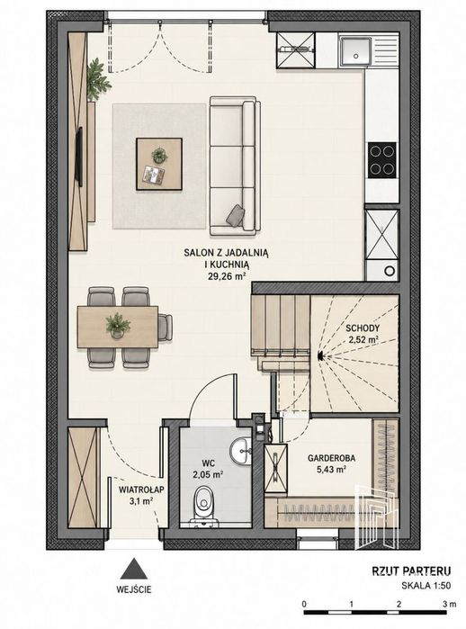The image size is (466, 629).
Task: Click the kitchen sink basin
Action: [355, 51]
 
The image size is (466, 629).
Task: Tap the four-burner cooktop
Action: [382, 159]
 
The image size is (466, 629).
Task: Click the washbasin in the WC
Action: [240, 450]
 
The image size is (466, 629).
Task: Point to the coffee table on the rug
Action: [159, 164]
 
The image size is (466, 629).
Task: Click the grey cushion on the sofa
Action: [236, 215]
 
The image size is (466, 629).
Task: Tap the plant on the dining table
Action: [118, 325]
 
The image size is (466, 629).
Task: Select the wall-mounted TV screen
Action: [80, 157]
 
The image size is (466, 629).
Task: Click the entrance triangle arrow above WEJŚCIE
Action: [134, 568]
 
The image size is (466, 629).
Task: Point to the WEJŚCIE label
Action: [134, 589]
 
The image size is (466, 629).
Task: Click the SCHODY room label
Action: [363, 328]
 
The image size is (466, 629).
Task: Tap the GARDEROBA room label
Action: [331, 458]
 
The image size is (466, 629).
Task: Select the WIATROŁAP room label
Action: [141, 490]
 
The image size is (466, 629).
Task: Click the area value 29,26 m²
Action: [227, 275]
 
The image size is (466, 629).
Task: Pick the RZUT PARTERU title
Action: [411, 571]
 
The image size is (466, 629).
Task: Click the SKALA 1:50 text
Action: [426, 586]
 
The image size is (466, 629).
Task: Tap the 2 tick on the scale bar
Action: [399, 604]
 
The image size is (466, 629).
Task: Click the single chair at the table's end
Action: [166, 327]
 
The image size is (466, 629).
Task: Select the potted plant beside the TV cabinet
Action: [97, 79]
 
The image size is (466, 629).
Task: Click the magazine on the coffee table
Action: [154, 175]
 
